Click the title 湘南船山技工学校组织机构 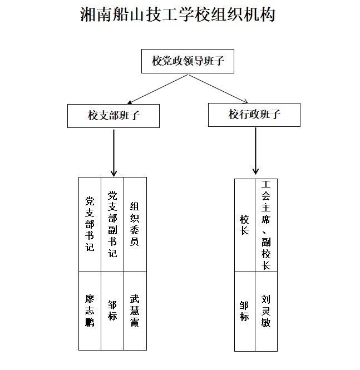177,14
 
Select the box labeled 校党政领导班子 188,61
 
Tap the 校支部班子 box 114,116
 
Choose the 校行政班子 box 254,115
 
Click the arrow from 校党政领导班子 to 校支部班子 158,89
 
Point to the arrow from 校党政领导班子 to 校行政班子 218,88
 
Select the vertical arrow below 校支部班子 114,153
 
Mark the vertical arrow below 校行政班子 255,151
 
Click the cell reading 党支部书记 90,224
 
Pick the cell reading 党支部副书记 112,224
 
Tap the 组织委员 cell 135,224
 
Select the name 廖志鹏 90,310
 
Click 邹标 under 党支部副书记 112,310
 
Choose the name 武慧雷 135,310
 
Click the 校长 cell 245,225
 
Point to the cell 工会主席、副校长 266,225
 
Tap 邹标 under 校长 244,311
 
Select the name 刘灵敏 266,311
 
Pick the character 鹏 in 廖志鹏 90,322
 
